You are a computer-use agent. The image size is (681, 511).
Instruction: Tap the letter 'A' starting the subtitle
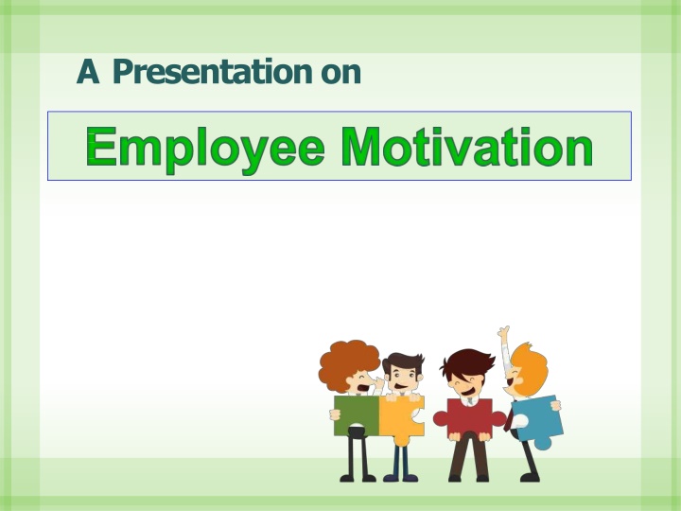coord(88,72)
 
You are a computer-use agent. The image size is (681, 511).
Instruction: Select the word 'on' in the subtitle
coord(340,73)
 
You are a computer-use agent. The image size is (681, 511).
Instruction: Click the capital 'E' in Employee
coord(99,149)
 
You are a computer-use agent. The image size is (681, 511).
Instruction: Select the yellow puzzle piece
coord(400,416)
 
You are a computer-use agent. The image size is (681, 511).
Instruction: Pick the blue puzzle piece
coord(537,418)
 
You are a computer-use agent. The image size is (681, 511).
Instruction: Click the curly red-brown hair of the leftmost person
coord(346,360)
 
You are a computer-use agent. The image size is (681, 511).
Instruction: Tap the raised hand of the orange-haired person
coord(504,333)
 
